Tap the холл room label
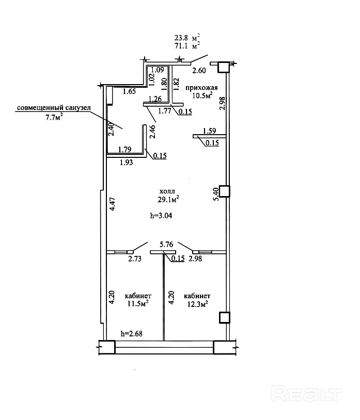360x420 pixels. coord(167,191)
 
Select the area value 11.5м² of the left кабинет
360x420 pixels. coord(138,304)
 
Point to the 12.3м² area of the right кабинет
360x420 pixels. coord(197,304)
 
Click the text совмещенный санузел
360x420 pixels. coord(54,108)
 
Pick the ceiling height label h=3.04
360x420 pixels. coord(161,215)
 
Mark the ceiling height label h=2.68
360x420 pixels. coord(131,333)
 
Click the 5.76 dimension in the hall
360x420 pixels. coord(166,244)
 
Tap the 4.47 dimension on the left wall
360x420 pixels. coord(113,204)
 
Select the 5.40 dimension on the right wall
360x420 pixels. coord(216,194)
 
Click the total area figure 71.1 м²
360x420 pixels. coord(187,46)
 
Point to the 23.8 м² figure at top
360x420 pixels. coord(187,38)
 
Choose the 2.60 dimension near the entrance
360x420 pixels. coord(199,71)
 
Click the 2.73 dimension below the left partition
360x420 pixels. coord(135,259)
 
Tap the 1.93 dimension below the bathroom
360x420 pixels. coord(126,162)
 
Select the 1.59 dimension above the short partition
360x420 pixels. coord(209,131)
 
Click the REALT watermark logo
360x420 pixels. coord(306,394)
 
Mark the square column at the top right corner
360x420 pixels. coord(224,67)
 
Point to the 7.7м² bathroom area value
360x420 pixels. coord(54,117)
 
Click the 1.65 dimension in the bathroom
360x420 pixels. coord(129,91)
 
